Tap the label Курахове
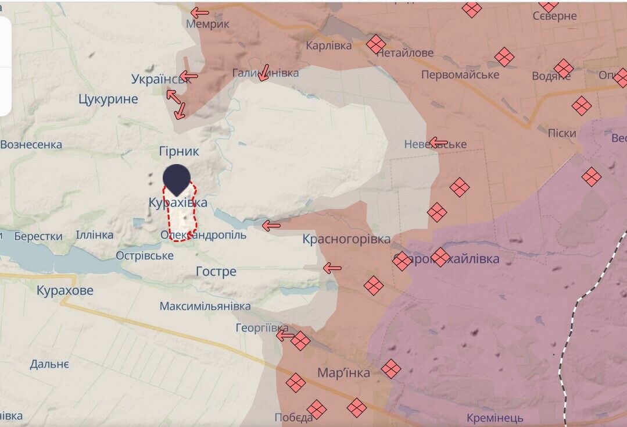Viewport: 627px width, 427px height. pyautogui.click(x=65, y=290)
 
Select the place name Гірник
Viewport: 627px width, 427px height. pyautogui.click(x=179, y=151)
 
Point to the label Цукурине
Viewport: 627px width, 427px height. pyautogui.click(x=108, y=99)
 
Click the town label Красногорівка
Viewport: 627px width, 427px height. pyautogui.click(x=346, y=239)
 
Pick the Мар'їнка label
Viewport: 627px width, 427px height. pyautogui.click(x=343, y=373)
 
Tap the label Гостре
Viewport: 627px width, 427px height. pyautogui.click(x=216, y=272)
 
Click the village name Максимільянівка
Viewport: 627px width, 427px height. pyautogui.click(x=205, y=306)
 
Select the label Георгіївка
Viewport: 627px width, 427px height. pyautogui.click(x=261, y=328)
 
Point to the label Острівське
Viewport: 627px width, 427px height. pyautogui.click(x=144, y=255)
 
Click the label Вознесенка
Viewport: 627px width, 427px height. pyautogui.click(x=31, y=144)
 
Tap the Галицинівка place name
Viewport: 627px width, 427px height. pyautogui.click(x=266, y=73)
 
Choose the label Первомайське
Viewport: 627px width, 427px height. pyautogui.click(x=460, y=74)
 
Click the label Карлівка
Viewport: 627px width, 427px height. pyautogui.click(x=329, y=45)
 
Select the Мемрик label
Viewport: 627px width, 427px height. pyautogui.click(x=207, y=24)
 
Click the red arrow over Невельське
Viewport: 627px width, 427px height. pyautogui.click(x=438, y=143)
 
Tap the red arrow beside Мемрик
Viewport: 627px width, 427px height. pyautogui.click(x=200, y=12)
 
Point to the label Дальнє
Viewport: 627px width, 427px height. pyautogui.click(x=49, y=364)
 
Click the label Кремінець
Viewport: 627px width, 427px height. pyautogui.click(x=495, y=418)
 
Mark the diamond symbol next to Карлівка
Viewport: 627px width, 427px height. pyautogui.click(x=376, y=44)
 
